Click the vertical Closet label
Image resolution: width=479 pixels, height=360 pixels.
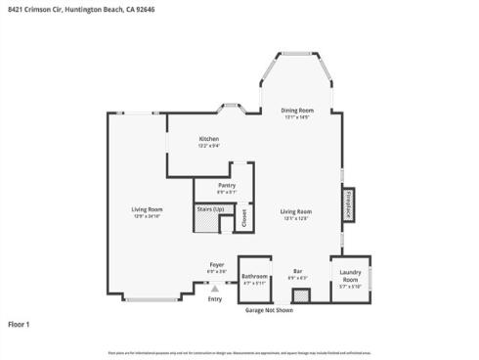pyautogui.click(x=244, y=220)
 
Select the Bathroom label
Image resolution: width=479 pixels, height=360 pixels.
pyautogui.click(x=255, y=277)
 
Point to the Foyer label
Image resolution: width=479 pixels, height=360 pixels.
pyautogui.click(x=216, y=265)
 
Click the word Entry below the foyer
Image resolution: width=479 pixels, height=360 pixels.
pyautogui.click(x=215, y=299)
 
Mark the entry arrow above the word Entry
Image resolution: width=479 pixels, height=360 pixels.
pyautogui.click(x=215, y=290)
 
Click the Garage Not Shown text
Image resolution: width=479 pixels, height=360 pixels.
pyautogui.click(x=269, y=310)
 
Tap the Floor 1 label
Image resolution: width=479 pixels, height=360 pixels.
pyautogui.click(x=20, y=324)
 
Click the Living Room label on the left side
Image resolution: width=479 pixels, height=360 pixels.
pyautogui.click(x=147, y=209)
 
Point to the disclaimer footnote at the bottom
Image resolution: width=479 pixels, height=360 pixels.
pyautogui.click(x=239, y=351)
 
